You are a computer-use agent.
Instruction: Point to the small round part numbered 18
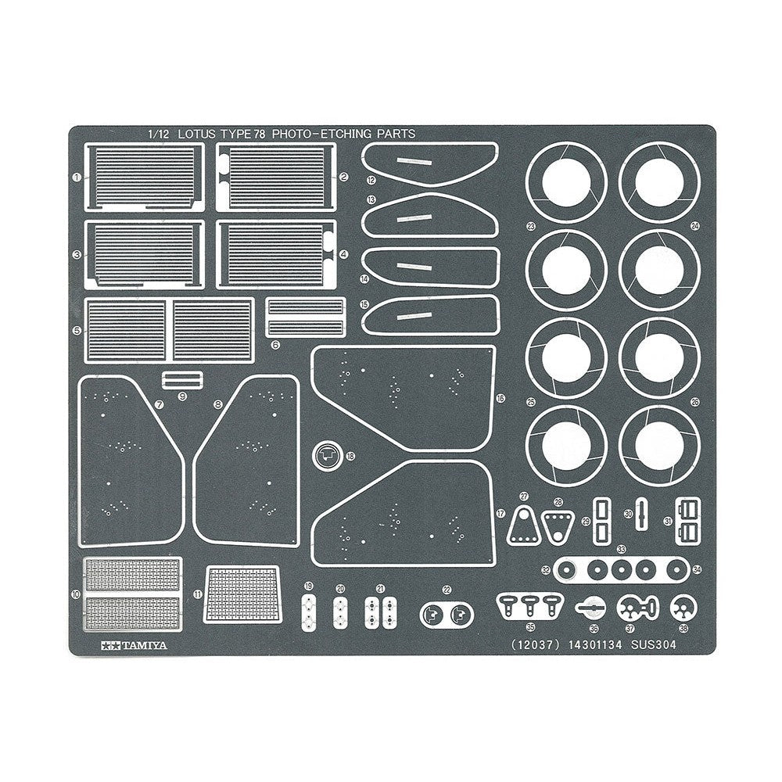pyautogui.click(x=328, y=454)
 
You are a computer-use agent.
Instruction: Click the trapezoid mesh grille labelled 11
pyautogui.click(x=245, y=595)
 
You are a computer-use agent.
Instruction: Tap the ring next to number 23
pyautogui.click(x=566, y=182)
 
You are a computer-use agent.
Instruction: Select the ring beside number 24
pyautogui.click(x=658, y=182)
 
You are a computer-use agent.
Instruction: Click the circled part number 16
pyautogui.click(x=500, y=398)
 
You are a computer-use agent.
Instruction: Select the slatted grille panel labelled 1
pyautogui.click(x=144, y=177)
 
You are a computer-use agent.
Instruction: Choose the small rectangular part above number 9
pyautogui.click(x=182, y=380)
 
